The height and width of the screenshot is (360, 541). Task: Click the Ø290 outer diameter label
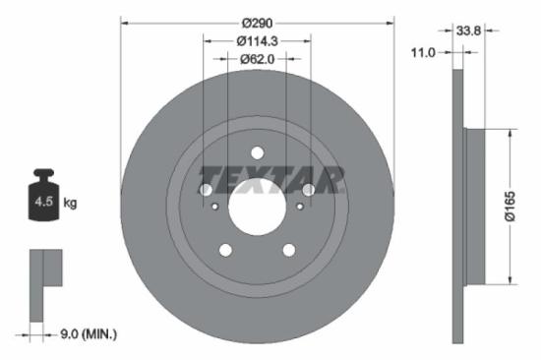point(258,21)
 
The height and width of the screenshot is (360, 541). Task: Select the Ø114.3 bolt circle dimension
point(258,40)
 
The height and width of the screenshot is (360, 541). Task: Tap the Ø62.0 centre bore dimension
point(257,59)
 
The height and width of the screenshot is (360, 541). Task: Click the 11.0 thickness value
point(423,51)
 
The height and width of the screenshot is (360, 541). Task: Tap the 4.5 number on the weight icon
point(44,203)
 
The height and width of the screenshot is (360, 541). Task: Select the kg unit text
point(70,203)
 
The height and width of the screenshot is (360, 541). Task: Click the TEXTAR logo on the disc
point(272,179)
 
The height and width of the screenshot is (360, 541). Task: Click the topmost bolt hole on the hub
point(257,152)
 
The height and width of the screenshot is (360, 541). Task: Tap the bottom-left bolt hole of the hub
point(225,250)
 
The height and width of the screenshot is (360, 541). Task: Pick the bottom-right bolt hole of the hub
point(288,250)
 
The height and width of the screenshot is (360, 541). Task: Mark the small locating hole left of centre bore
point(215,207)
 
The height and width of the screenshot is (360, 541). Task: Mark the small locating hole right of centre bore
point(299,207)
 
